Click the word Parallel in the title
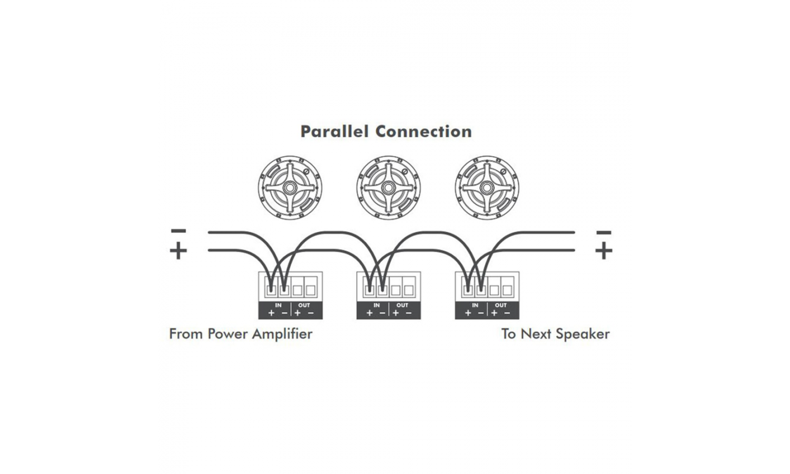[x=334, y=132]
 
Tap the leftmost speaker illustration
[x=290, y=187]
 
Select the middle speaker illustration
[x=388, y=187]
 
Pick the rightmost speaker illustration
[x=487, y=187]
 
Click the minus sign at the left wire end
[x=179, y=231]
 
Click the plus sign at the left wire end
[x=179, y=251]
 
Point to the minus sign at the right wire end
[x=604, y=232]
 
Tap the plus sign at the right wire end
[x=604, y=251]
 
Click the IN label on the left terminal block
[x=278, y=305]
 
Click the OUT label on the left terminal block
[x=304, y=305]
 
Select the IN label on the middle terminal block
[x=377, y=305]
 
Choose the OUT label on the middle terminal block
[x=402, y=305]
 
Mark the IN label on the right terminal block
[x=475, y=305]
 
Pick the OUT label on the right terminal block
[x=501, y=305]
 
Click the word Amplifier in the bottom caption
[x=282, y=334]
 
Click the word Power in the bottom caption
[x=228, y=334]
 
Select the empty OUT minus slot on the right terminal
[x=507, y=290]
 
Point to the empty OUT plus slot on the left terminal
[x=298, y=290]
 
